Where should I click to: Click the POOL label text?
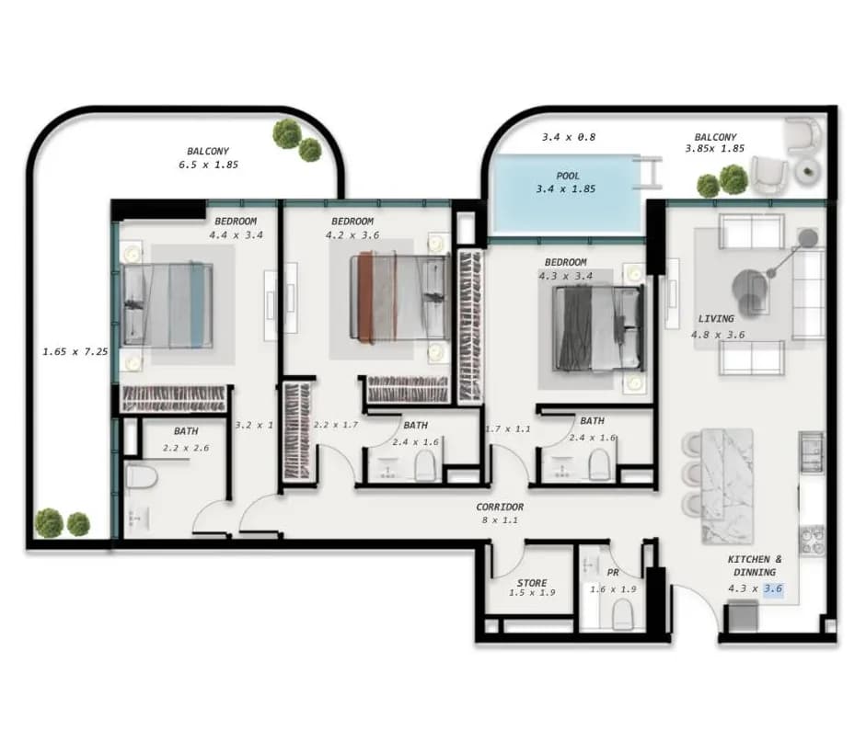[568, 176]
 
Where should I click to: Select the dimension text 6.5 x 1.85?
[208, 165]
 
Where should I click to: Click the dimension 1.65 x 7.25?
[75, 351]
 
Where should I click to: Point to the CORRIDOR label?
[500, 507]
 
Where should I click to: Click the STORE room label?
[532, 583]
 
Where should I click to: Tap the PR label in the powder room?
[613, 573]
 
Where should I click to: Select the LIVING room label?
[716, 318]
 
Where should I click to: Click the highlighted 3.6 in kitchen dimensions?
[773, 588]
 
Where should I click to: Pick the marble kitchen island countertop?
[727, 486]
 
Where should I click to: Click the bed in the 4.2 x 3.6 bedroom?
[400, 296]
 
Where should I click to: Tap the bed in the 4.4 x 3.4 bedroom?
[167, 305]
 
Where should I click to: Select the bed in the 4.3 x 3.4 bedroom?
[599, 328]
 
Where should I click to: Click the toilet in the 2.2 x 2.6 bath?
[142, 476]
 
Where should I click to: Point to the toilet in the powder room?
[622, 614]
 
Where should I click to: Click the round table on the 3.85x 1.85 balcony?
[808, 171]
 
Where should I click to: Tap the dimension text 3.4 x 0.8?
[569, 137]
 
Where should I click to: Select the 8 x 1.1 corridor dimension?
[500, 519]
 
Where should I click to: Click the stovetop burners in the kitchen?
[812, 540]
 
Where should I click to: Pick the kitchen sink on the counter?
[811, 452]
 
